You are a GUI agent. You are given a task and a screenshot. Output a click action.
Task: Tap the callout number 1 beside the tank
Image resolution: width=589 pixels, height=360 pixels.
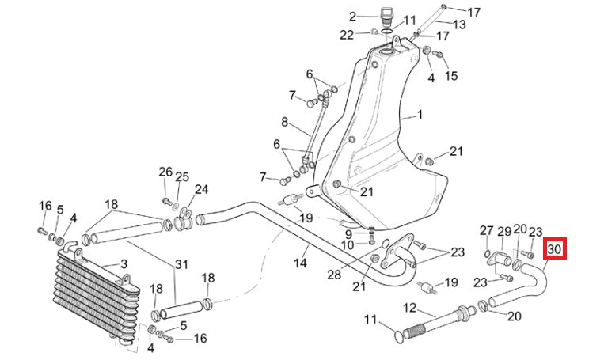point(420,115)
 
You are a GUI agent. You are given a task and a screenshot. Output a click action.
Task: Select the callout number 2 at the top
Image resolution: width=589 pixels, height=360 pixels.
point(123,263)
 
